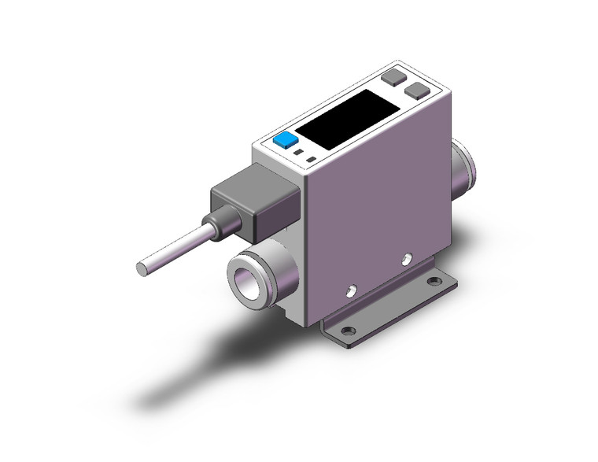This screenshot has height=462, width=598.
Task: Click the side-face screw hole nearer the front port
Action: pos(348,291)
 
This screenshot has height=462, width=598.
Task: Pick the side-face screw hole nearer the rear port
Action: pos(405,257)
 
